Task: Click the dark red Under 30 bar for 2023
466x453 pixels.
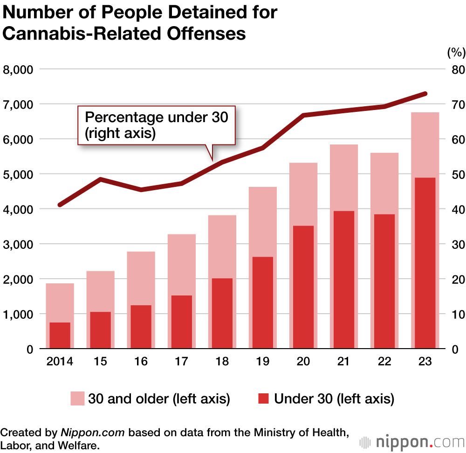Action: pyautogui.click(x=425, y=263)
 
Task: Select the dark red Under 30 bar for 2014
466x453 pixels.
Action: pyautogui.click(x=60, y=335)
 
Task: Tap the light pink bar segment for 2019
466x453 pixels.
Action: pyautogui.click(x=263, y=222)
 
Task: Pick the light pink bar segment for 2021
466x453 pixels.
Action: pyautogui.click(x=344, y=178)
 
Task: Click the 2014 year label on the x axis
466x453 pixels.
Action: pyautogui.click(x=60, y=362)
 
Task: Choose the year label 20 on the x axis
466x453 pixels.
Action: pyautogui.click(x=303, y=362)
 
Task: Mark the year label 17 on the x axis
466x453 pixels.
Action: pyautogui.click(x=182, y=362)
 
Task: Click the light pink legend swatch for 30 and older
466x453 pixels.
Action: pyautogui.click(x=77, y=399)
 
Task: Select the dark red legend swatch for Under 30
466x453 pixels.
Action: pyautogui.click(x=263, y=399)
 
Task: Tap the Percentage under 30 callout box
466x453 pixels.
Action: pyautogui.click(x=156, y=125)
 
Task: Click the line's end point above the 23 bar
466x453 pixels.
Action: pyautogui.click(x=425, y=94)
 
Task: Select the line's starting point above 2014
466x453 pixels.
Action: pyautogui.click(x=60, y=205)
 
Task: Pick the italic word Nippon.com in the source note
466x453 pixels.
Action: pyautogui.click(x=92, y=432)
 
